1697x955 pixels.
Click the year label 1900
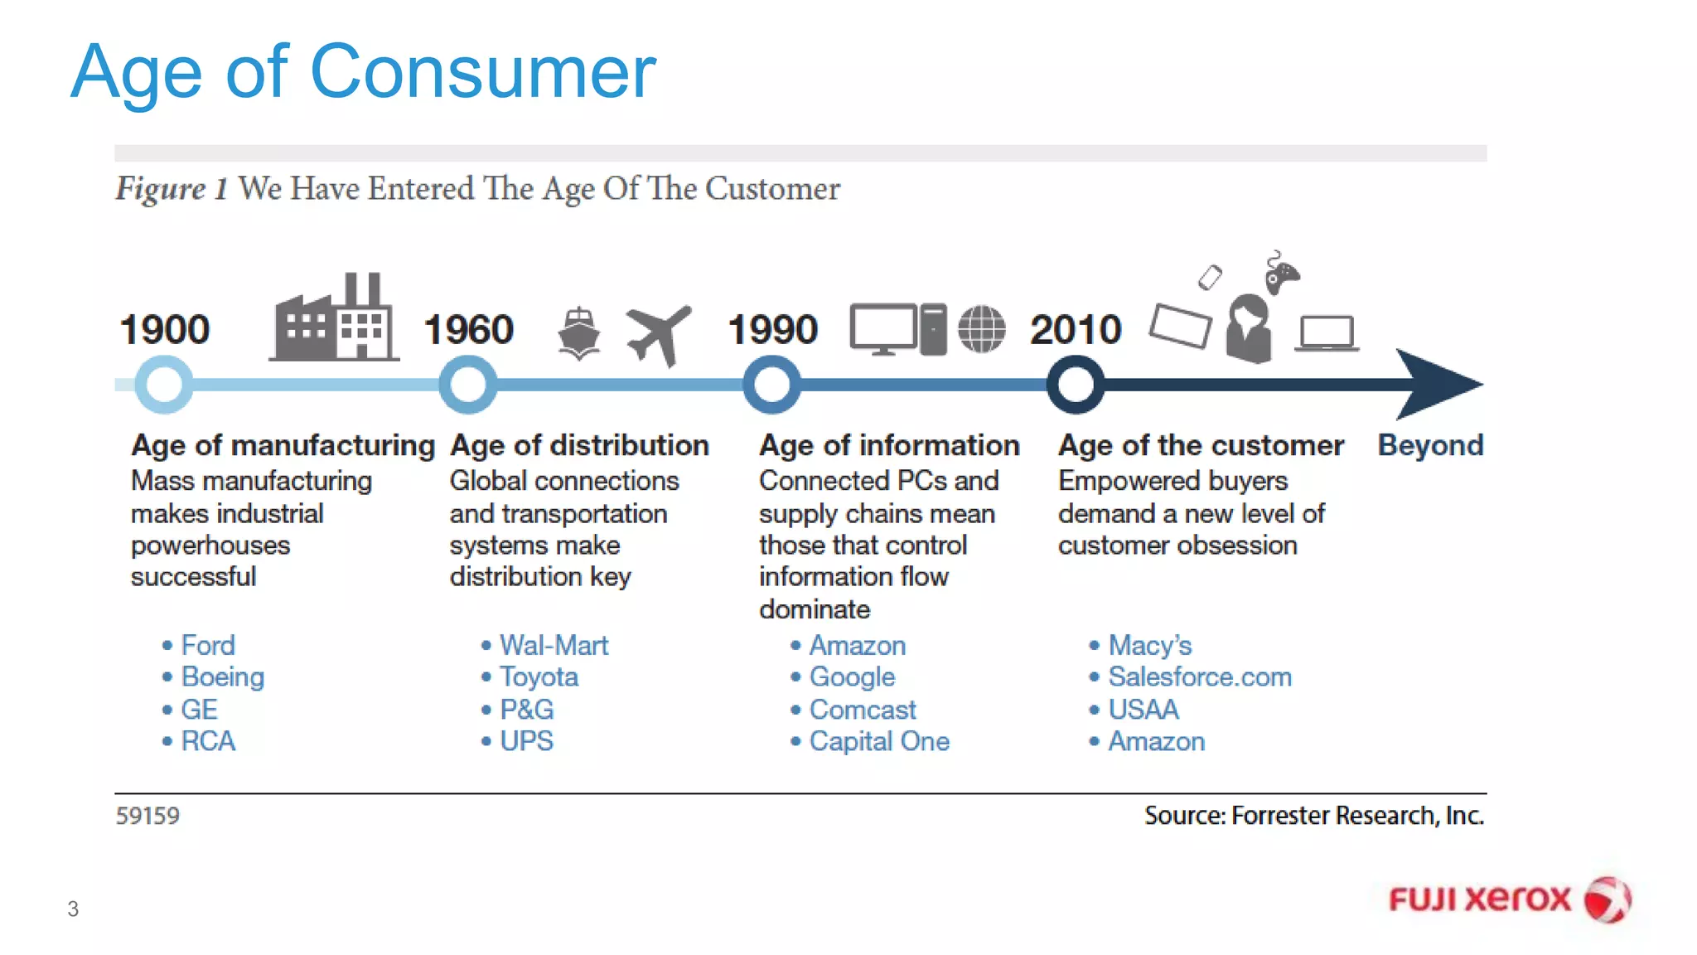164,329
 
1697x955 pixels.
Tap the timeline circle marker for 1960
468,385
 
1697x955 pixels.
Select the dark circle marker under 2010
1076,385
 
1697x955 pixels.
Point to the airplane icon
659,334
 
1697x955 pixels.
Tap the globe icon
982,329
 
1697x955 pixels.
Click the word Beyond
1430,445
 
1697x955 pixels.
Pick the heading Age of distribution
579,445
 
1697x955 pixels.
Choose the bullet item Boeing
222,677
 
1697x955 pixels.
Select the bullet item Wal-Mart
554,645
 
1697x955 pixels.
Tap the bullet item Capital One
878,741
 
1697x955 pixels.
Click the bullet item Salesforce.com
1199,677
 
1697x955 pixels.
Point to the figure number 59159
147,816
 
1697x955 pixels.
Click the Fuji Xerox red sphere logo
1607,899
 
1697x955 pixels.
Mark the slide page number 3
73,909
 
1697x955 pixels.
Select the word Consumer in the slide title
483,73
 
